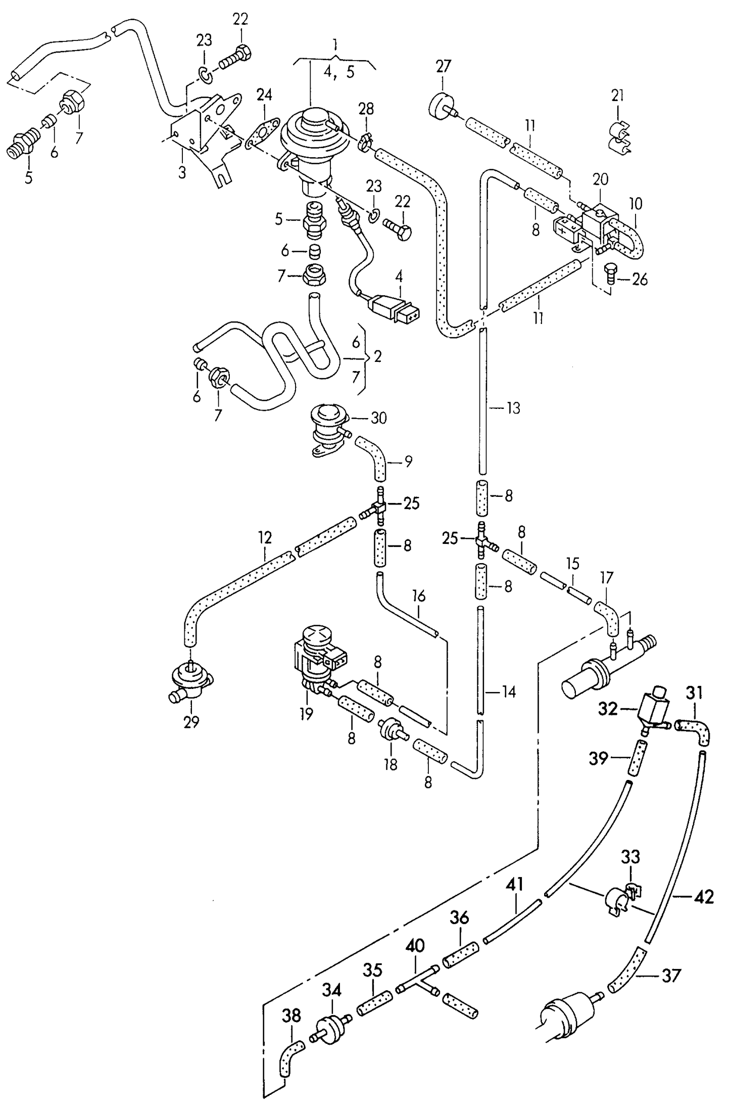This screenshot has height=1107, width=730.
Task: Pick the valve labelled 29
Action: [x=190, y=680]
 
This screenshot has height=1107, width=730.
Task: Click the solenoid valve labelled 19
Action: [x=316, y=657]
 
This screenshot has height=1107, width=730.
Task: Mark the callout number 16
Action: [x=419, y=596]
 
